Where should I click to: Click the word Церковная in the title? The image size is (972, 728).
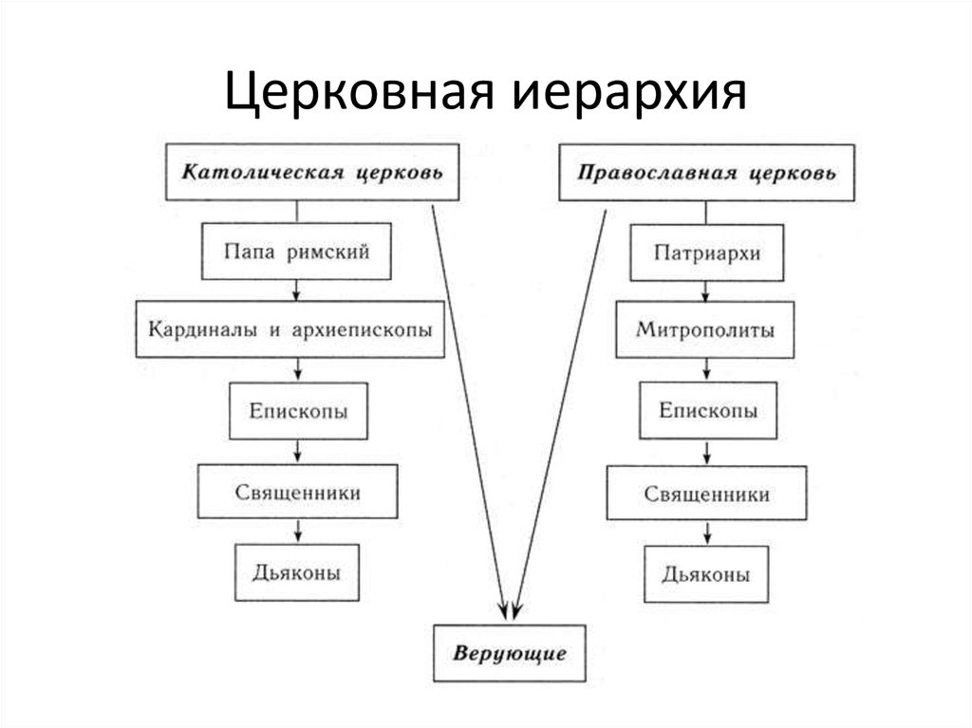(x=360, y=93)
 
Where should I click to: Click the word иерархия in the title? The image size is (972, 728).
(x=630, y=93)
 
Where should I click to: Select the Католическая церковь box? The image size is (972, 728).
(x=312, y=172)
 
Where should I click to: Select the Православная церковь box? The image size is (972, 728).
(x=706, y=173)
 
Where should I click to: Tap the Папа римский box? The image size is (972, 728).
(x=296, y=252)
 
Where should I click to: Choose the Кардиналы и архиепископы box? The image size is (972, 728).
(x=290, y=329)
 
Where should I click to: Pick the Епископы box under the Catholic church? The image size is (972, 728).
(x=298, y=411)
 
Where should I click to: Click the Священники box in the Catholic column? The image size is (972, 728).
(x=297, y=492)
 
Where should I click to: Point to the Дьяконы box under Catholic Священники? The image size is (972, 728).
(x=297, y=572)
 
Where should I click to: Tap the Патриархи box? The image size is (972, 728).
(x=706, y=253)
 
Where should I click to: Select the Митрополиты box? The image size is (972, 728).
(x=705, y=330)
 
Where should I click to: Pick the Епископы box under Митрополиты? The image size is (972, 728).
(x=708, y=410)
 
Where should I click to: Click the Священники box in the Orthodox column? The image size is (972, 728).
(x=706, y=493)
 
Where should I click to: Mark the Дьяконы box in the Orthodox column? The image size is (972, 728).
(x=706, y=574)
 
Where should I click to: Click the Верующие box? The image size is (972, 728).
(x=510, y=653)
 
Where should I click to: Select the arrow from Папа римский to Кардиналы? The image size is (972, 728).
(x=296, y=290)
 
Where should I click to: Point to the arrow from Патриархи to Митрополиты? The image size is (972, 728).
(x=705, y=291)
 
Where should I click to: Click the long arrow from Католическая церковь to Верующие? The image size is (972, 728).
(x=469, y=412)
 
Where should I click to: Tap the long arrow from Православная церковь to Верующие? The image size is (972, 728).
(x=560, y=414)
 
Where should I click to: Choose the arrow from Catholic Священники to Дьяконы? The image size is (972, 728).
(x=298, y=532)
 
